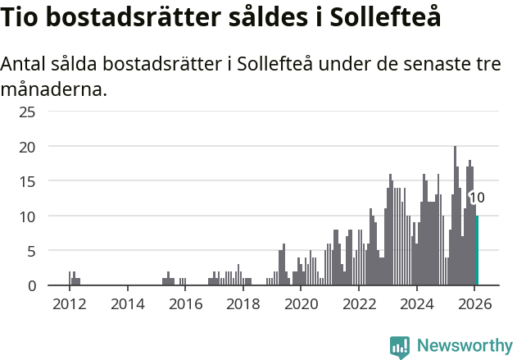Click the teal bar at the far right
point(477,251)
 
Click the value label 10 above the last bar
point(476,198)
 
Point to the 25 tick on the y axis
point(27,112)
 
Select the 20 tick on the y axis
point(27,147)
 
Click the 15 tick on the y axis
point(27,181)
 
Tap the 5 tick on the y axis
point(31,251)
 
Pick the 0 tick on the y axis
point(31,285)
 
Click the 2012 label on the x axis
point(70,304)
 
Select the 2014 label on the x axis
point(127,304)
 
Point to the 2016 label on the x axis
point(185,304)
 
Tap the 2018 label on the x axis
point(243,304)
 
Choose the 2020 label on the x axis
point(301,304)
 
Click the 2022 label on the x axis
point(359,304)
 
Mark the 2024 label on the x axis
point(417,304)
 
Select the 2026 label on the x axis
point(474,304)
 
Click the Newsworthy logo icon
point(399,347)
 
